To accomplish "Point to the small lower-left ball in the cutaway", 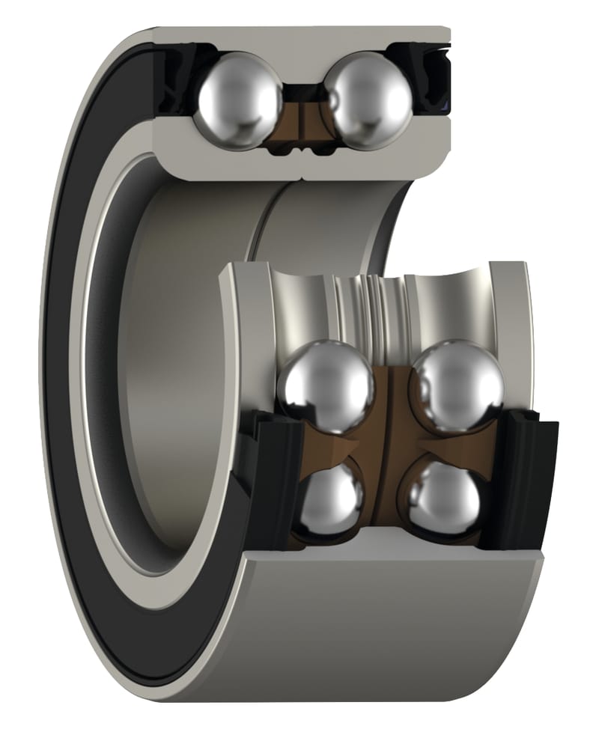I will click(332, 498).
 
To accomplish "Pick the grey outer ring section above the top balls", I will click(299, 37).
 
